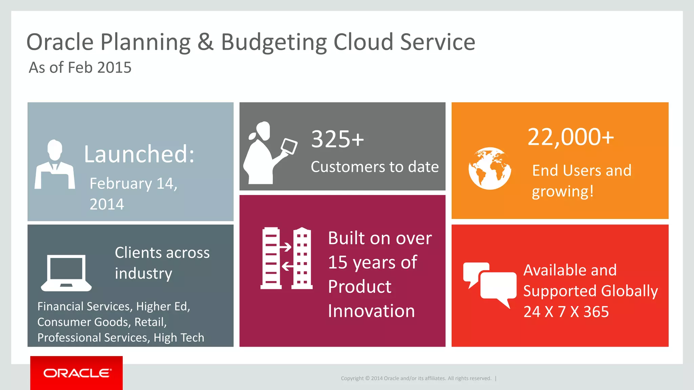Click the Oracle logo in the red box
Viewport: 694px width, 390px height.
[77, 373]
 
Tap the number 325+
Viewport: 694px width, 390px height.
[338, 139]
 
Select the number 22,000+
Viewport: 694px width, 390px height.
[571, 137]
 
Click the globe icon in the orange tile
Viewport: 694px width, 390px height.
[490, 168]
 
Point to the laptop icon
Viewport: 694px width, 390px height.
[66, 273]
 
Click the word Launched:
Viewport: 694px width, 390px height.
[139, 154]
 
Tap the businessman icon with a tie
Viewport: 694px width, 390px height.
[55, 165]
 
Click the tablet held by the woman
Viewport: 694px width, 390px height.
[289, 146]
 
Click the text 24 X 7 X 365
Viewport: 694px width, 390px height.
[566, 312]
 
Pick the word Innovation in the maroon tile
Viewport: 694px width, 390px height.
[371, 311]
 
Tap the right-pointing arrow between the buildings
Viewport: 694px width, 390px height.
[285, 247]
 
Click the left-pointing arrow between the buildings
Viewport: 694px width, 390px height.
[287, 266]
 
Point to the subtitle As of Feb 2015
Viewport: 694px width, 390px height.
[80, 68]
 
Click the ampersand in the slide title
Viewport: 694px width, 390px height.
[206, 42]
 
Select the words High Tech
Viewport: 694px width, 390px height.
[179, 338]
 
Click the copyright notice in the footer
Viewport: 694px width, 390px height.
[416, 378]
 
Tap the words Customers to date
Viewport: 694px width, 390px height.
[374, 167]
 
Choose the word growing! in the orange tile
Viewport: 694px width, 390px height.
[563, 192]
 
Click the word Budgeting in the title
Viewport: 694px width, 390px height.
[274, 42]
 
